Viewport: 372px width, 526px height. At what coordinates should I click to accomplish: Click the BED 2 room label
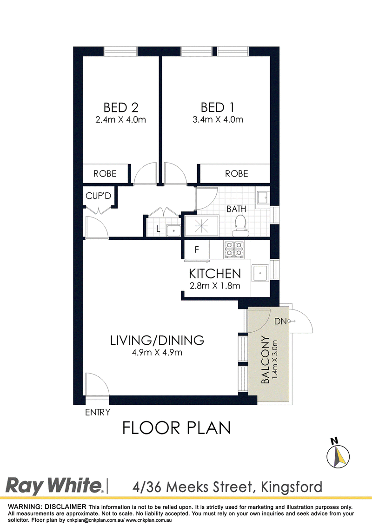click(x=121, y=108)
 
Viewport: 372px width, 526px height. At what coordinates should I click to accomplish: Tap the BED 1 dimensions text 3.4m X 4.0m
click(x=218, y=120)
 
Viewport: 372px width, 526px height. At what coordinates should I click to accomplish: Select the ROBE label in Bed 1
click(x=237, y=173)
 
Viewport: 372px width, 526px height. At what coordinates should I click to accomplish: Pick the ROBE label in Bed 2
click(x=105, y=173)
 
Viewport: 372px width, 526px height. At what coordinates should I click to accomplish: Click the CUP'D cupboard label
click(x=98, y=196)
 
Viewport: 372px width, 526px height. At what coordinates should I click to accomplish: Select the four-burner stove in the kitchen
click(x=234, y=250)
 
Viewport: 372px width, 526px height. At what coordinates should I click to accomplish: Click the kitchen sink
click(x=260, y=273)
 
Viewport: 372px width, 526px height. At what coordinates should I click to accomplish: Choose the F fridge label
click(x=197, y=250)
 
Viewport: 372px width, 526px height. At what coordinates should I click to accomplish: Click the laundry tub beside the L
click(x=174, y=231)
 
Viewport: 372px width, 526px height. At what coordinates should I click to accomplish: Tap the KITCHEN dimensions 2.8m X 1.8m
click(x=215, y=286)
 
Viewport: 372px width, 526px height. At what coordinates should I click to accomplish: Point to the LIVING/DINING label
click(x=157, y=340)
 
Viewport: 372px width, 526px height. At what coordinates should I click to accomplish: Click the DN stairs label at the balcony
click(x=280, y=322)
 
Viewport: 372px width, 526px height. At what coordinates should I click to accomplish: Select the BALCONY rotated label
click(x=265, y=360)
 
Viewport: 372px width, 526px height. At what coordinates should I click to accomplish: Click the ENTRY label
click(x=98, y=412)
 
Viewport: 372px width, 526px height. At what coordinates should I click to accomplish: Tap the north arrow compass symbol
click(x=338, y=454)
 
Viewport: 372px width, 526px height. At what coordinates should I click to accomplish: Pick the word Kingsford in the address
click(x=291, y=487)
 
